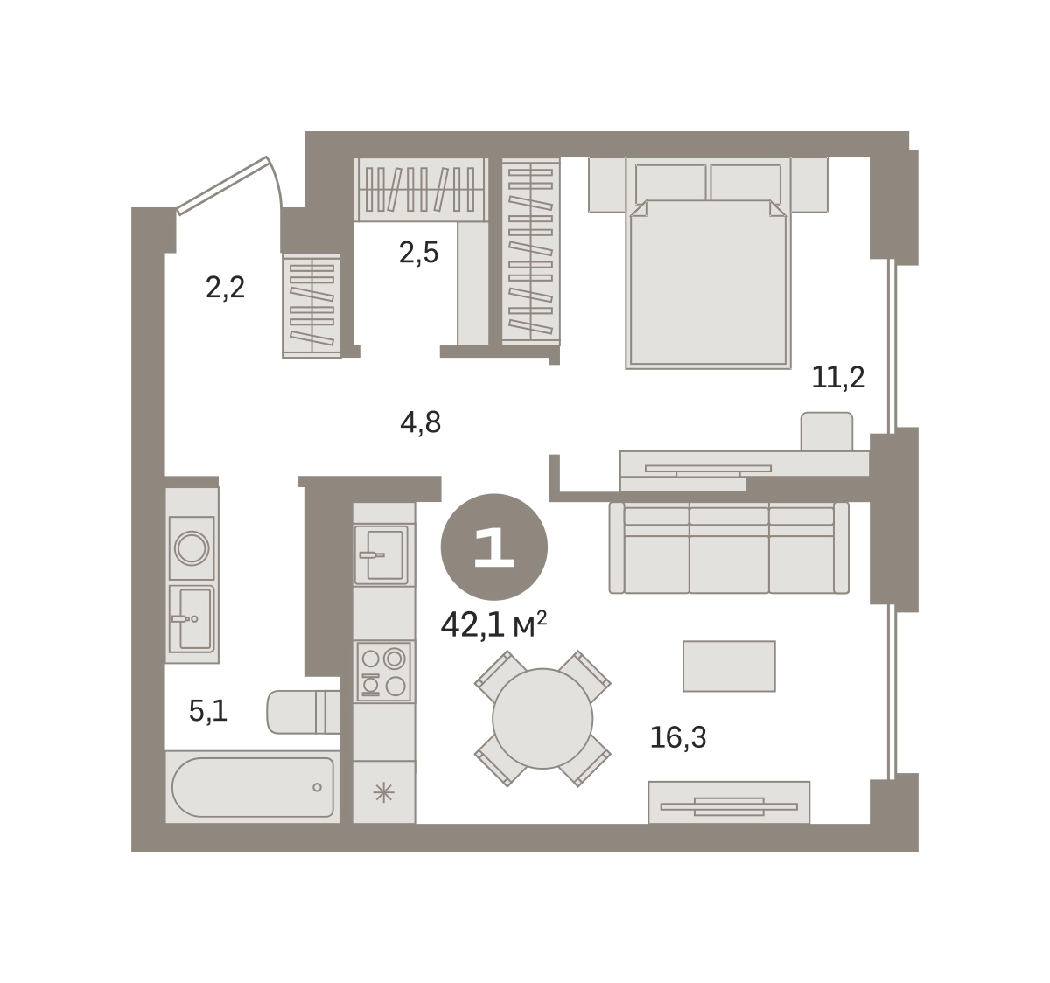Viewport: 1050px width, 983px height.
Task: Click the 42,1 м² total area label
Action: [493, 625]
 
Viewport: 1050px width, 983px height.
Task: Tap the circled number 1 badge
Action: [493, 547]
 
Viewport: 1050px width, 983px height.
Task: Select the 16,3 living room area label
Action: [678, 737]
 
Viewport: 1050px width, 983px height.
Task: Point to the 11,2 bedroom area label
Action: [838, 378]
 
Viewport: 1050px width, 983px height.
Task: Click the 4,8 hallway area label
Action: [420, 422]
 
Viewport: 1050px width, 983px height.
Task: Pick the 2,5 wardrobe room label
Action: [419, 253]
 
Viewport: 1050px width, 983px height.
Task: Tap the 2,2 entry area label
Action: [225, 288]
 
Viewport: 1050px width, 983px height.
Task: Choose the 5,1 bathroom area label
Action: [208, 711]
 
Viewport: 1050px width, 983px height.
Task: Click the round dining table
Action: [542, 719]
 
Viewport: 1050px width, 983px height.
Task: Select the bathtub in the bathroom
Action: [253, 787]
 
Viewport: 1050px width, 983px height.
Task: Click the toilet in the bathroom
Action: [303, 712]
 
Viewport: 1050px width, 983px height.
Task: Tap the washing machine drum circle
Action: [192, 548]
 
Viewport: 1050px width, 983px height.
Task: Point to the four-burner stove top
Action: [383, 673]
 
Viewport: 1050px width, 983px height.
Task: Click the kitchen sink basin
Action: [385, 555]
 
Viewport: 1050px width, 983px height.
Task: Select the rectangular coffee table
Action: [729, 666]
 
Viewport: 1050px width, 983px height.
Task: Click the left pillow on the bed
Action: [671, 182]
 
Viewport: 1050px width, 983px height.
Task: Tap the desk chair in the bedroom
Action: [826, 431]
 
